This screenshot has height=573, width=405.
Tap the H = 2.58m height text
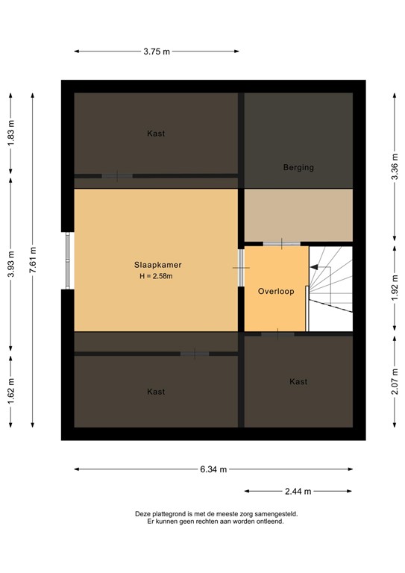(x=156, y=276)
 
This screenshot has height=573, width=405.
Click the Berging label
(x=298, y=168)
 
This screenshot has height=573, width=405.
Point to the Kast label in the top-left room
(x=156, y=134)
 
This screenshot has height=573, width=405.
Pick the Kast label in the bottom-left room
(x=156, y=392)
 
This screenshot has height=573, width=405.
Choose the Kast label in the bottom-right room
(x=298, y=382)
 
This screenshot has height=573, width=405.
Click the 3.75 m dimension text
(x=157, y=51)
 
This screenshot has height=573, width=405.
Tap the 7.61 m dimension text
(x=32, y=260)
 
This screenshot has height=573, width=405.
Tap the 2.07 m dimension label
(x=395, y=382)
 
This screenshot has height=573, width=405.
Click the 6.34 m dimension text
(x=213, y=469)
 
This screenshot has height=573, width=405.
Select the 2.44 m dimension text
(x=298, y=491)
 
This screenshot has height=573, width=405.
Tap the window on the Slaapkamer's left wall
(x=68, y=260)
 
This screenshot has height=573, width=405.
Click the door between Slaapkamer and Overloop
(x=240, y=266)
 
